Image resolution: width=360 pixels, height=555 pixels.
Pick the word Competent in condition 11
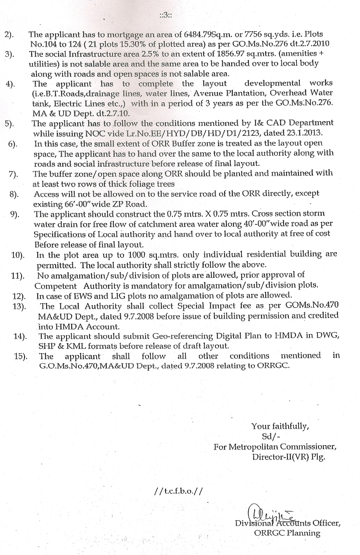pyautogui.click(x=56, y=286)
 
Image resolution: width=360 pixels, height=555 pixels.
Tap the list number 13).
pyautogui.click(x=18, y=306)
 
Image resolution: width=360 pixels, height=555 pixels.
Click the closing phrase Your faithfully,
pyautogui.click(x=280, y=426)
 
